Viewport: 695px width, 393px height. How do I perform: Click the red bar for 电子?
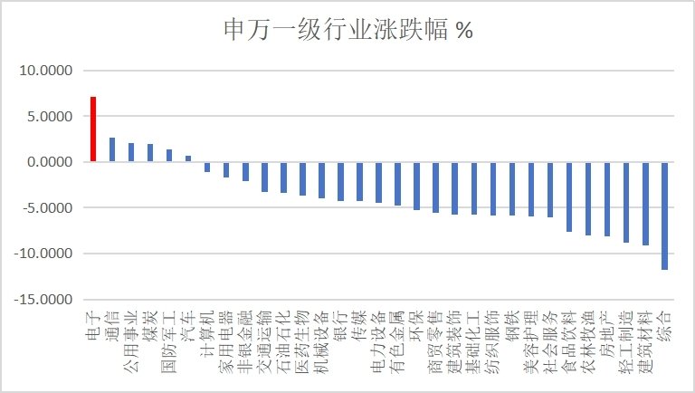[x=93, y=129]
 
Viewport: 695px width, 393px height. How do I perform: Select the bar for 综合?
[x=665, y=215]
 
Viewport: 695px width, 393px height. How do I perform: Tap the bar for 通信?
[x=112, y=149]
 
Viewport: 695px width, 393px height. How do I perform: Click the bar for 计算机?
[x=207, y=167]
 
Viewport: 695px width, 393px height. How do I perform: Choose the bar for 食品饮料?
[x=569, y=196]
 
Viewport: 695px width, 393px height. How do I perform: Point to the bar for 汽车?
[x=188, y=158]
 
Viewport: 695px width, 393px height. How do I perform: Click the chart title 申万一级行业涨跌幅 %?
[x=347, y=30]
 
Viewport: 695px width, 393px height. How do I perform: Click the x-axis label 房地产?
[x=607, y=335]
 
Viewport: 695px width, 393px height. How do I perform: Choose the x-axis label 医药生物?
[x=303, y=340]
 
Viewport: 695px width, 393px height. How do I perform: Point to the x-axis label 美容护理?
[x=531, y=340]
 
